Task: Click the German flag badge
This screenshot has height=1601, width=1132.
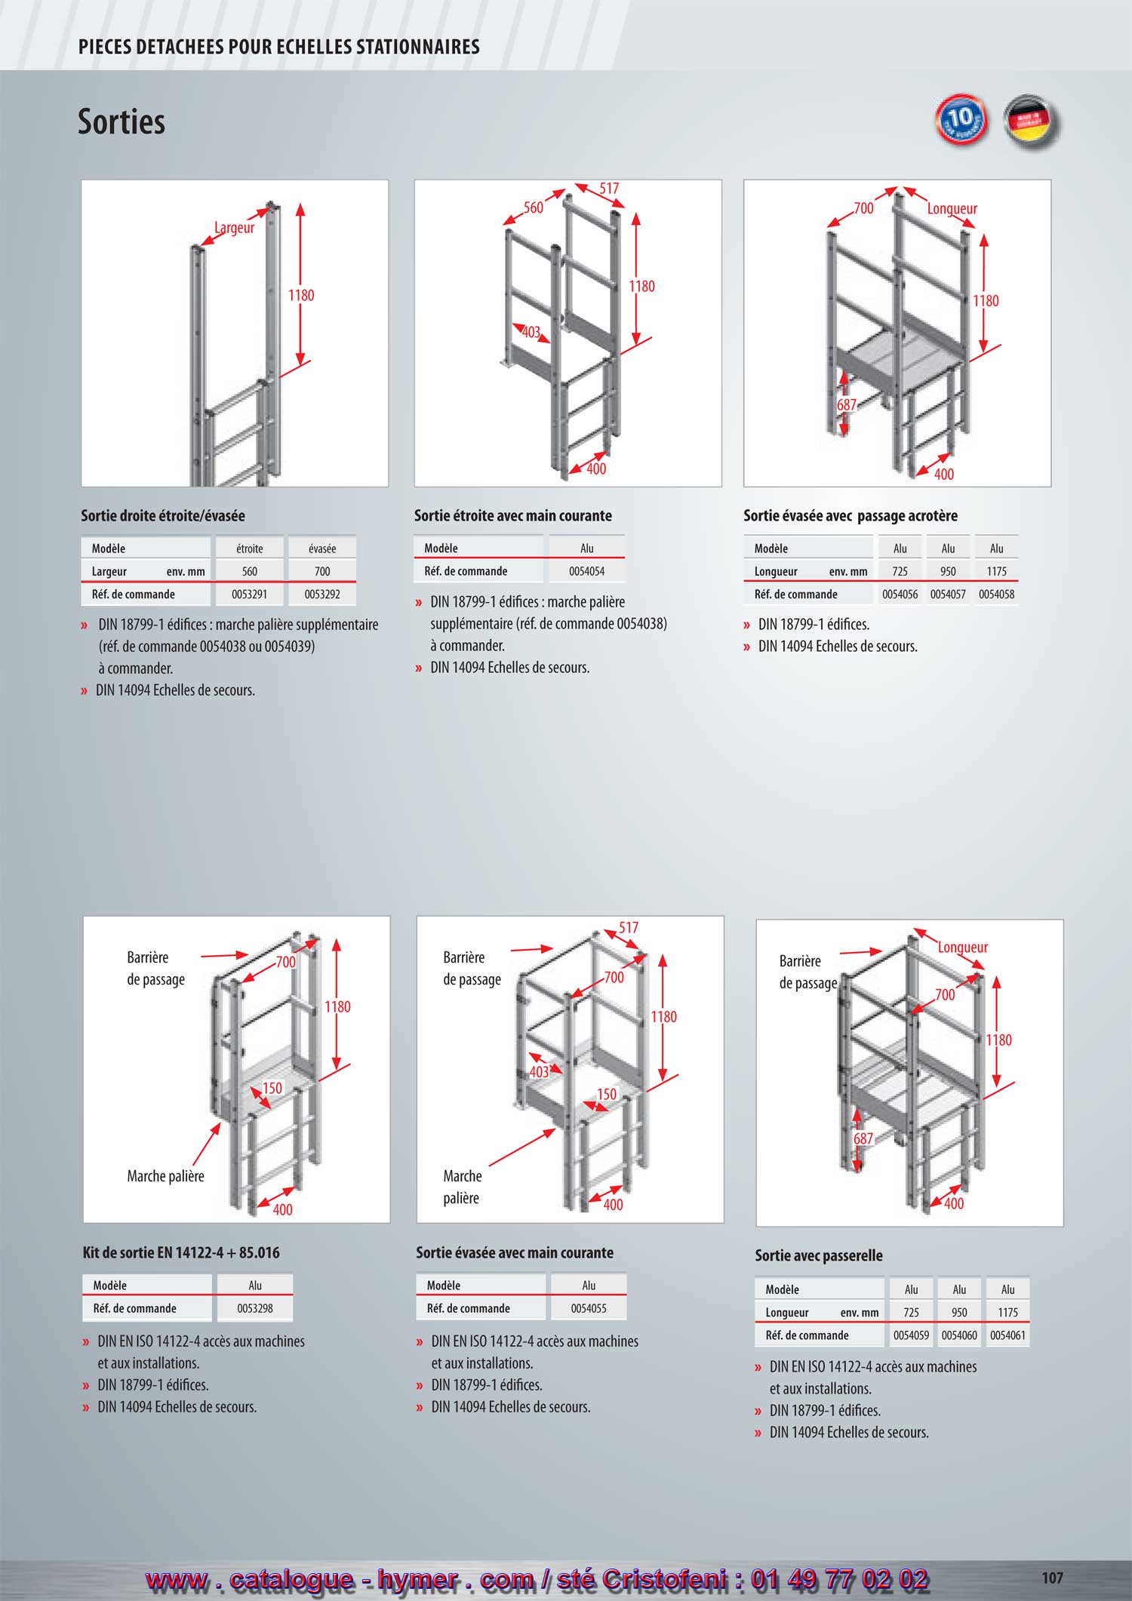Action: pos(1032,121)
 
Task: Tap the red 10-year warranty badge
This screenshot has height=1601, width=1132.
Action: pos(961,119)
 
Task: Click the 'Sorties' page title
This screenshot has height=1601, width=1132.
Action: pos(122,121)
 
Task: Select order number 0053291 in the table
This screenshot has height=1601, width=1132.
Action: pos(249,595)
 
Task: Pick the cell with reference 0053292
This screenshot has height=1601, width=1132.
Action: pos(322,595)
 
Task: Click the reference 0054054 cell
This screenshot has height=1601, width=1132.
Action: pos(586,571)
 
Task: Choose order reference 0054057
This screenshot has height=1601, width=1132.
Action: pos(948,595)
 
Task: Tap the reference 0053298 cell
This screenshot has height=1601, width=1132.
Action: pos(255,1308)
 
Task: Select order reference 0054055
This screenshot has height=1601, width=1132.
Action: pos(589,1308)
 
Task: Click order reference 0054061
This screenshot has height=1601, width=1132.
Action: pos(1007,1335)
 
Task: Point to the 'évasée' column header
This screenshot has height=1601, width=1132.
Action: pos(322,549)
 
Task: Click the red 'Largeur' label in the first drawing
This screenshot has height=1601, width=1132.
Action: pos(234,228)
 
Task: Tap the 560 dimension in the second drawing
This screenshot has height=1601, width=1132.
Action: pos(534,207)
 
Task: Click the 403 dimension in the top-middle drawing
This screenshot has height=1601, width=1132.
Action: pos(531,332)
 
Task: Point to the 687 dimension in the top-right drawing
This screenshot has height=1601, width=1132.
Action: pos(847,405)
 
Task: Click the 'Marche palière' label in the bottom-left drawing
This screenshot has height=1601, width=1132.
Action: pos(165,1176)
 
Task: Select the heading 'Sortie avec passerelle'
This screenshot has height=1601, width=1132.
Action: pos(819,1255)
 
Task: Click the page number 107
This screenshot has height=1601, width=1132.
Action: pos(1052,1578)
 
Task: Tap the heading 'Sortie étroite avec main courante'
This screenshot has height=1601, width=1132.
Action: pos(513,516)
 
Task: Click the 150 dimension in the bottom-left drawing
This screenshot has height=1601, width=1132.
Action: pos(272,1088)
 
